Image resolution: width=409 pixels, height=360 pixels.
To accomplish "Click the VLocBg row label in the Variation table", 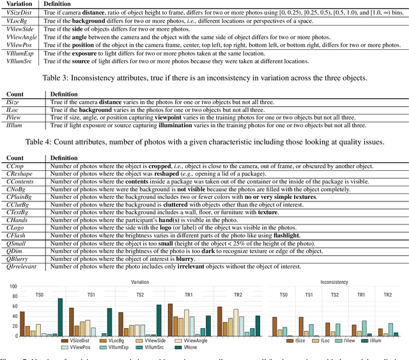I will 17,21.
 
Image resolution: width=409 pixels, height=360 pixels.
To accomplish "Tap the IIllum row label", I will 13,125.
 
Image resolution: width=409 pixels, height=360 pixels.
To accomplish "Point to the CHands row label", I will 16,219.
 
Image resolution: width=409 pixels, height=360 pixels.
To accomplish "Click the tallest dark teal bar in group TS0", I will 60,317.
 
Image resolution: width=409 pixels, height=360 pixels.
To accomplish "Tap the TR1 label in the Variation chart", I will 180,294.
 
